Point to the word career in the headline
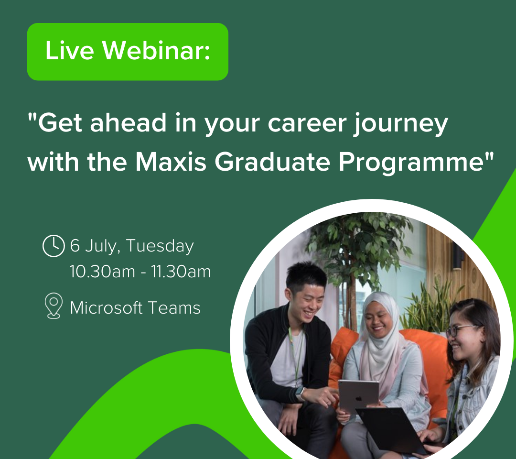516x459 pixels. coord(307,124)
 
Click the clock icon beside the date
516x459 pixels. coord(54,246)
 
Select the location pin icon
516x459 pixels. coord(54,306)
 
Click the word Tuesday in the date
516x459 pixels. coord(160,246)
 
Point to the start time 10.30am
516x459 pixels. coord(102,272)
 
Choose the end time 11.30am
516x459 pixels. coord(181,272)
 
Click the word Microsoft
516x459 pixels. coord(106,308)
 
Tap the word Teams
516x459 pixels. coord(174,308)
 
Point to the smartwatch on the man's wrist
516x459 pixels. coord(300,394)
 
